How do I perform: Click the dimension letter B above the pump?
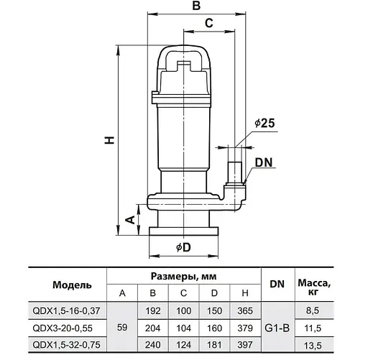196,6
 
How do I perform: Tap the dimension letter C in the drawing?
209,23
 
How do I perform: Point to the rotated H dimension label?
109,140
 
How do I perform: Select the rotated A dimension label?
131,219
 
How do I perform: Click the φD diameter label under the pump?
183,247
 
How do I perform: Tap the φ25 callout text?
264,123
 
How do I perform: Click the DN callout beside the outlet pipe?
264,162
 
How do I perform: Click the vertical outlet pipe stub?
234,172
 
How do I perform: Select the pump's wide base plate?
183,231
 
